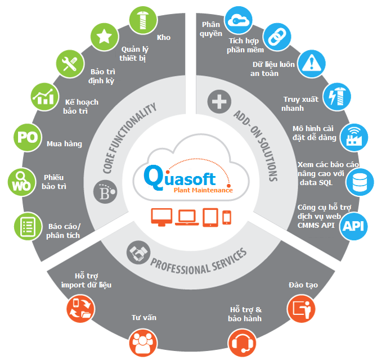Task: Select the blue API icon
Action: (355, 225)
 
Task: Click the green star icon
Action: (105, 37)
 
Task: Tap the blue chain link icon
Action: (276, 37)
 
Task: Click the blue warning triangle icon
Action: (309, 64)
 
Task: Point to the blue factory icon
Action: (355, 136)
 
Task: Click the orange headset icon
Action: (243, 343)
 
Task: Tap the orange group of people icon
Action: (142, 343)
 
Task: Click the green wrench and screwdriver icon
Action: (70, 64)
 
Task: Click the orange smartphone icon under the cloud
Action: (226, 217)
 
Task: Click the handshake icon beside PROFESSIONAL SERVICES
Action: (137, 253)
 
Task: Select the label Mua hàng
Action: (64, 144)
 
